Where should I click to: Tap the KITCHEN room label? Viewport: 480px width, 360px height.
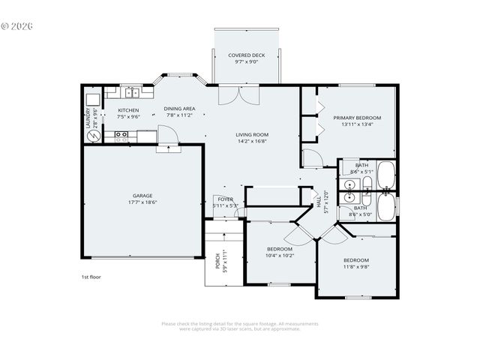pyautogui.click(x=128, y=110)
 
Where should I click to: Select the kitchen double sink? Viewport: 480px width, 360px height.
pyautogui.click(x=130, y=93)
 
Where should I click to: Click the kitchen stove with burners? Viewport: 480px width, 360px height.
pyautogui.click(x=120, y=136)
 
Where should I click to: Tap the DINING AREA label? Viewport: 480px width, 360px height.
pyautogui.click(x=179, y=109)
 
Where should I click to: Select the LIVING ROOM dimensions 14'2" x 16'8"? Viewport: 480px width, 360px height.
pyautogui.click(x=252, y=140)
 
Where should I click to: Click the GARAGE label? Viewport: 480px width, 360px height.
pyautogui.click(x=142, y=196)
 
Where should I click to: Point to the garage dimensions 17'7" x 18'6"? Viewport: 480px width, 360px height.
pyautogui.click(x=142, y=202)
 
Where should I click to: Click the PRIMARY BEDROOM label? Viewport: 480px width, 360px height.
pyautogui.click(x=357, y=118)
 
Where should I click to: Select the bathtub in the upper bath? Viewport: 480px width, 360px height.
pyautogui.click(x=386, y=175)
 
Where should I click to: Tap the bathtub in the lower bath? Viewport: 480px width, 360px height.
pyautogui.click(x=386, y=208)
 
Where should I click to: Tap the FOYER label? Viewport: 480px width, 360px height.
pyautogui.click(x=225, y=199)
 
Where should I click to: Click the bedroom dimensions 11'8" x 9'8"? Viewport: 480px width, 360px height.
pyautogui.click(x=356, y=266)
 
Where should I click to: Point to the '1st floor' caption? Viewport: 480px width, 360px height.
pyautogui.click(x=91, y=277)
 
